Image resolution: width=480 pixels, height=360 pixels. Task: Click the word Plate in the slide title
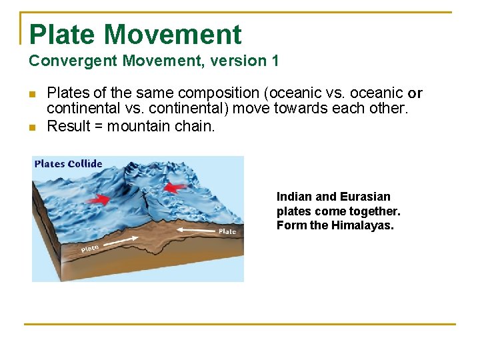tap(63, 35)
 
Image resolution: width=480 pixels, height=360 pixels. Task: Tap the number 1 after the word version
tap(275, 61)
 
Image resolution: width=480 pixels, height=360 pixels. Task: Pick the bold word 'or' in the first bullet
tap(415, 93)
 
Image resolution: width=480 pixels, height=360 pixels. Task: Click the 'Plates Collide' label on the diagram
tap(68, 164)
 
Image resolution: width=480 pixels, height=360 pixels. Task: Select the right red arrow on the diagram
tap(175, 187)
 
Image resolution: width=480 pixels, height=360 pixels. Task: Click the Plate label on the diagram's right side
tap(227, 232)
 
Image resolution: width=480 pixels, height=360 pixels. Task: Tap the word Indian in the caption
tap(293, 197)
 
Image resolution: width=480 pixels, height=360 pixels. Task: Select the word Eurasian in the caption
tap(365, 197)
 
